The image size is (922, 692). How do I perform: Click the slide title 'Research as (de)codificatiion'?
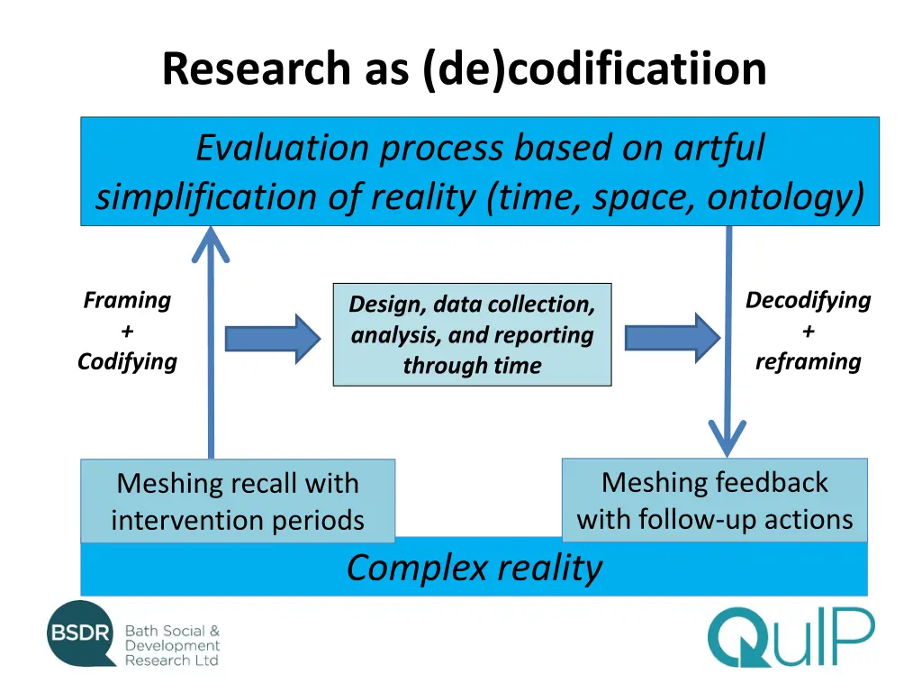pos(464,69)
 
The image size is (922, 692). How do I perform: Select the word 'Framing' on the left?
pos(127,300)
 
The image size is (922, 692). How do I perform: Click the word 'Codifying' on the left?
pos(127,361)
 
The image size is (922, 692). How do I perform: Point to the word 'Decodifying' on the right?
pos(808,300)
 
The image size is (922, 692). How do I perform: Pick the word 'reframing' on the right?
pos(808,361)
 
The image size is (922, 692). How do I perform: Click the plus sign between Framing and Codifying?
pos(127,331)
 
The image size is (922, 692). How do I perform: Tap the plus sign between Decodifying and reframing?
pos(808,331)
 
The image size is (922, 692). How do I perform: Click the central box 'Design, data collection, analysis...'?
pos(472,334)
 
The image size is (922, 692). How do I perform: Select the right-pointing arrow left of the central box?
pos(272,338)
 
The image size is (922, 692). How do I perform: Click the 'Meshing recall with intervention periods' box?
pos(238,501)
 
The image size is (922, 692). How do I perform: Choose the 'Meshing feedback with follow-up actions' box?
pos(715,500)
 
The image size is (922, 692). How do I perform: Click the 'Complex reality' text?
pos(475,569)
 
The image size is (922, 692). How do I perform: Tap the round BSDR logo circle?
pos(82,634)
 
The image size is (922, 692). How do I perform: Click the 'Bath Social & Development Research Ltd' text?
pos(172,646)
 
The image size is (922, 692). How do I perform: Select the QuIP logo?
pos(790,637)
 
